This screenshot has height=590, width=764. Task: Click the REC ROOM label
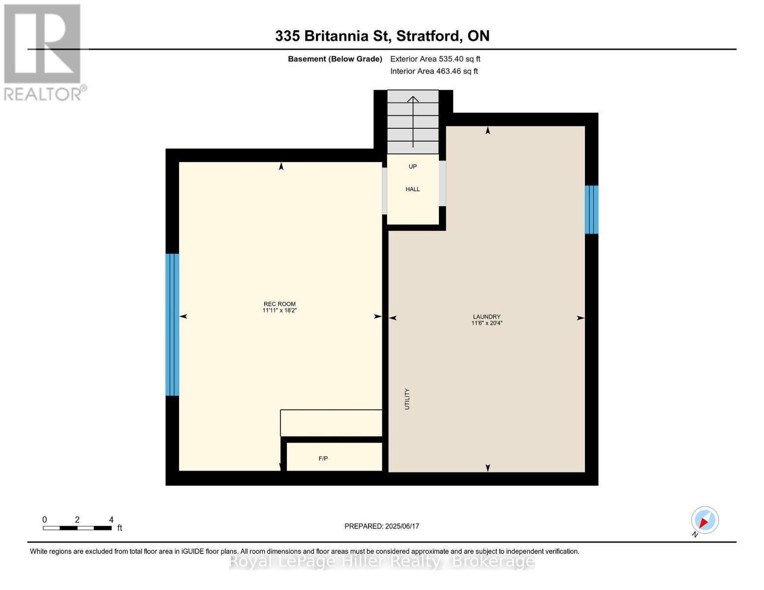(279, 304)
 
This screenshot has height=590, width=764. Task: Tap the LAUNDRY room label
(487, 317)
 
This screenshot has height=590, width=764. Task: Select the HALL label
(413, 189)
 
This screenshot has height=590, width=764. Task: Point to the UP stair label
(413, 167)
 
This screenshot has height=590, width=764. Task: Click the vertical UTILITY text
(407, 399)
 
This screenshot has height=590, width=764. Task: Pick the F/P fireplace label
(323, 458)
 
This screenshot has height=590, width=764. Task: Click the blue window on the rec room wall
(172, 324)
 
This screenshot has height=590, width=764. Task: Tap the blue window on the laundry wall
(591, 209)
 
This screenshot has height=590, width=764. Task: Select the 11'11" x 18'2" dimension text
(279, 311)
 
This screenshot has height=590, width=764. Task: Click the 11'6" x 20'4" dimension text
(487, 324)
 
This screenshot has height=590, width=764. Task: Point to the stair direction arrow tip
(413, 97)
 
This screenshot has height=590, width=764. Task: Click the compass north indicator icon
(705, 520)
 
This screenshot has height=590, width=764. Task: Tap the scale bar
(77, 528)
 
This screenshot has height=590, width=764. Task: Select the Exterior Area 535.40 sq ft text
(435, 59)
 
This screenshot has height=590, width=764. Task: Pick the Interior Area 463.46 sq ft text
(434, 71)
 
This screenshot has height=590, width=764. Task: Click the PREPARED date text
(382, 526)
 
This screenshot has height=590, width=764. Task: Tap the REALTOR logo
(43, 52)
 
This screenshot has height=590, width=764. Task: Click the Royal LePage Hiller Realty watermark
(382, 561)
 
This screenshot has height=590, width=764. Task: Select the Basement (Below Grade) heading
(335, 59)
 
